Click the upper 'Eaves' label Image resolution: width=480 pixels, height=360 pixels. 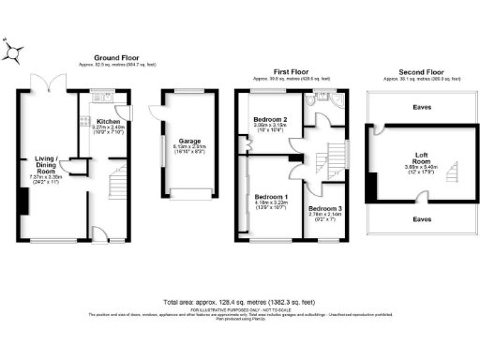coord(421,107)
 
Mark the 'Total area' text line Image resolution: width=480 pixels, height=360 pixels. coord(239,302)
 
